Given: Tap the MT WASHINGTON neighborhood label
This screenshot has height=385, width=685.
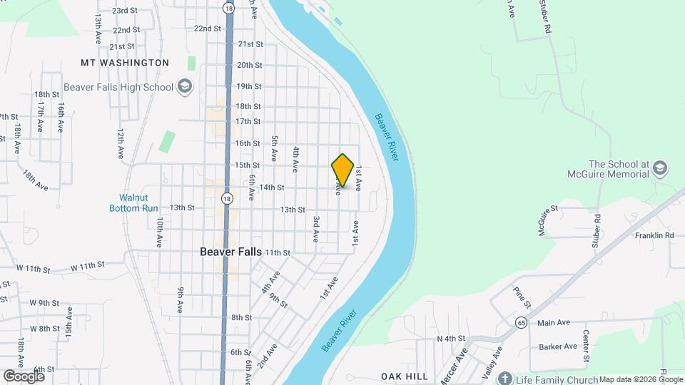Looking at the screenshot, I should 125,63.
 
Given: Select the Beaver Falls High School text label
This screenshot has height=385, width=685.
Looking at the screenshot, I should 118,87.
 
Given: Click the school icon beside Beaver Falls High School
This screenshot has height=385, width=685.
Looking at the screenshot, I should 185,87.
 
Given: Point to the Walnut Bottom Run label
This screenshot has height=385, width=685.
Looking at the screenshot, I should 133,202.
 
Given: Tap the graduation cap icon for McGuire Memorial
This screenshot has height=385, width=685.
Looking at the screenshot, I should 660,168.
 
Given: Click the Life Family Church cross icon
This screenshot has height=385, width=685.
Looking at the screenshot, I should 505,377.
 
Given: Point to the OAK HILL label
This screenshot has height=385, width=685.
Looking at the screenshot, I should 404,376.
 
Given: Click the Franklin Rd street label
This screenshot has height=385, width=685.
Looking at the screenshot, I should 654,235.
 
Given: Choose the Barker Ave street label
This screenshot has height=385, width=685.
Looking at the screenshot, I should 558,346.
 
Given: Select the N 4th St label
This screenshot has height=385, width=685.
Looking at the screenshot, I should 451,338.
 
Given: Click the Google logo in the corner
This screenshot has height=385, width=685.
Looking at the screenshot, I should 24,376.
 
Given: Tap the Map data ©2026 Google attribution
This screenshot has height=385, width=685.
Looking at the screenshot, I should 641,379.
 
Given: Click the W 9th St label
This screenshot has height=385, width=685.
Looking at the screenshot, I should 44,303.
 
